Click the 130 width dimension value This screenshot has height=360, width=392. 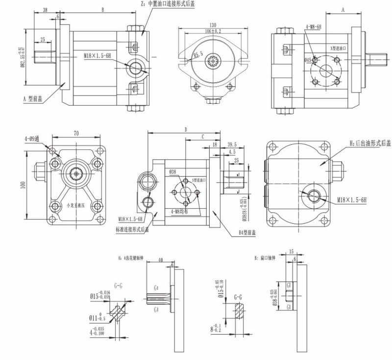click(x=213, y=25)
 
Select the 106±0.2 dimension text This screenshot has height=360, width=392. click(x=213, y=32)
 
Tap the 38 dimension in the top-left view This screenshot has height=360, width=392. click(x=45, y=10)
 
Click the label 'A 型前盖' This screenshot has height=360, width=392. click(x=33, y=98)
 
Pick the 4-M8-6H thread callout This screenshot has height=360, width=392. click(x=312, y=27)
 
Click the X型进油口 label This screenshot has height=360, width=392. click(x=338, y=48)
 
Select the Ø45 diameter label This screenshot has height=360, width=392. click(x=308, y=60)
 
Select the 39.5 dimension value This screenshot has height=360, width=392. click(x=232, y=144)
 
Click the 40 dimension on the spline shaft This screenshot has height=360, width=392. click(x=161, y=261)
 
